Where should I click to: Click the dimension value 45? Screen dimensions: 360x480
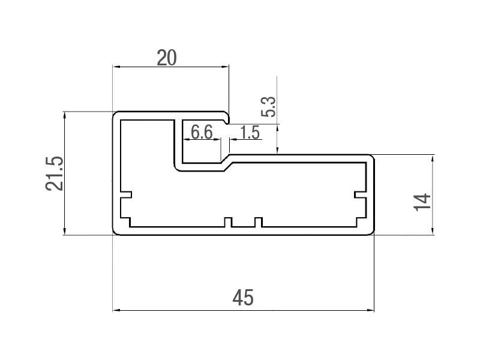244,297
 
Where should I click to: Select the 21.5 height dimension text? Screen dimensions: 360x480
55,173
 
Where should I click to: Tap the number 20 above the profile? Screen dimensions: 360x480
166,58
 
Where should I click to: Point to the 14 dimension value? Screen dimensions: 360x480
422,202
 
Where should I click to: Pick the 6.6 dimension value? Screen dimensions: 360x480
202,131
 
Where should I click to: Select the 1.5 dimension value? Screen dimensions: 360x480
250,132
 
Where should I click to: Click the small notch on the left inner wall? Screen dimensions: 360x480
126,196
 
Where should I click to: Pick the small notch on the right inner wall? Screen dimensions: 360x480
359,196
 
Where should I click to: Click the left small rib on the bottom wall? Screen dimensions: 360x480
228,223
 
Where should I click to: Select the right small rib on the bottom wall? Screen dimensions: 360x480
258,223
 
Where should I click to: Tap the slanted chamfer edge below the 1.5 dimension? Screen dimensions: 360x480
227,161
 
